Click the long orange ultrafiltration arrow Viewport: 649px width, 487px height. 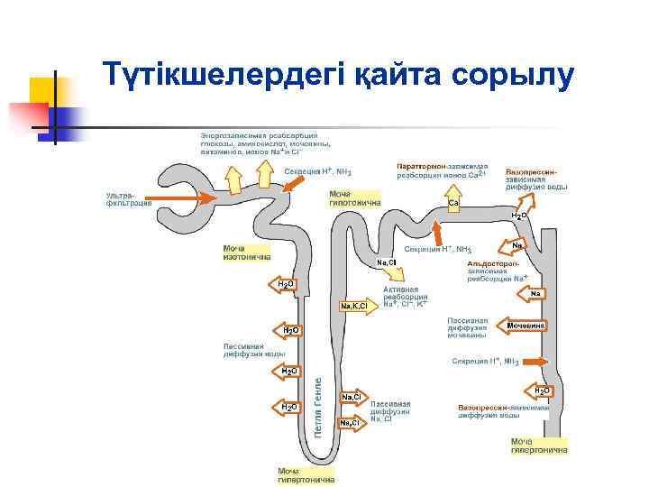point(179,198)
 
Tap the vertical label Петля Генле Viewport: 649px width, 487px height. point(318,408)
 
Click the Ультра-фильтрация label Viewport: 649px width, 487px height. point(128,199)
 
